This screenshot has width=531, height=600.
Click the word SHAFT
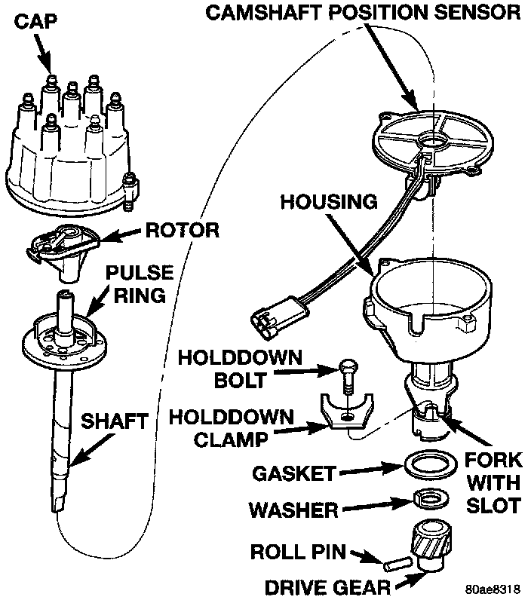[114, 421]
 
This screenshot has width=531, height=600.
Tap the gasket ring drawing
[426, 464]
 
